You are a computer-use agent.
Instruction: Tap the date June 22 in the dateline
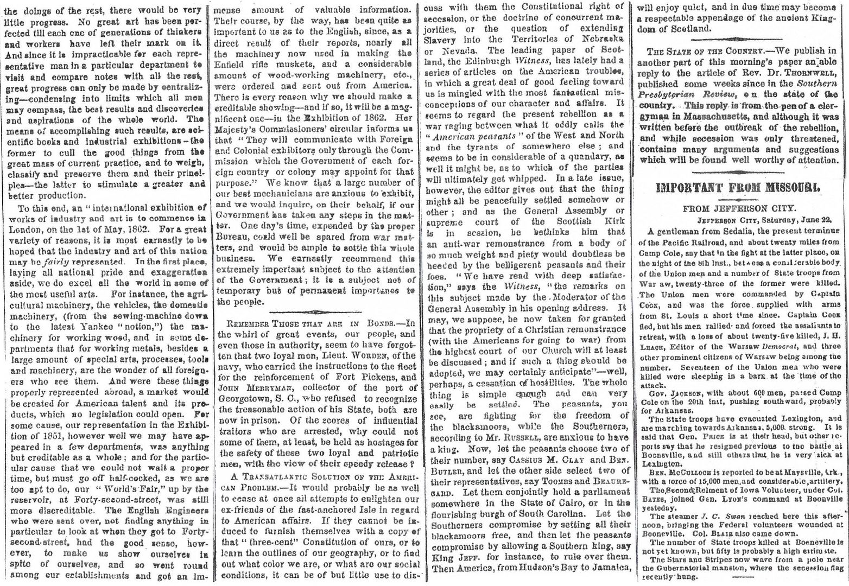[x=807, y=220]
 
